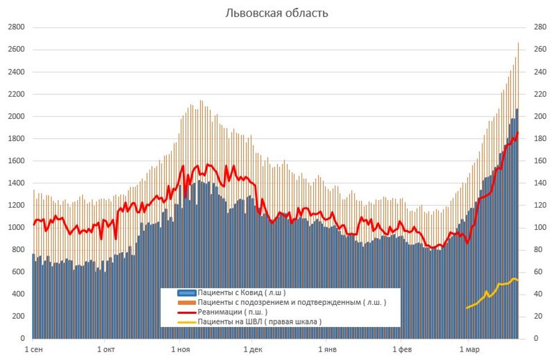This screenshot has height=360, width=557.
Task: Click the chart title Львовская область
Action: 277,13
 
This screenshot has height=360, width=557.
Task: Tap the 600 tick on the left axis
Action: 17,272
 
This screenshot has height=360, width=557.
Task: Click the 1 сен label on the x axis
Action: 33,349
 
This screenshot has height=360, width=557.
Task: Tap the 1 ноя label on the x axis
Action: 180,349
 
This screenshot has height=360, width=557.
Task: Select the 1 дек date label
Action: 253,349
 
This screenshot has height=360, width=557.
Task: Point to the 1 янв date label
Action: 328,349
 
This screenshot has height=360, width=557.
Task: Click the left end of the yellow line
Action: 466,308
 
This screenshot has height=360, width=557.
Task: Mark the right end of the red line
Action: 518,133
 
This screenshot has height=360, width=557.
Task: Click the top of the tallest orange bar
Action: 518,43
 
